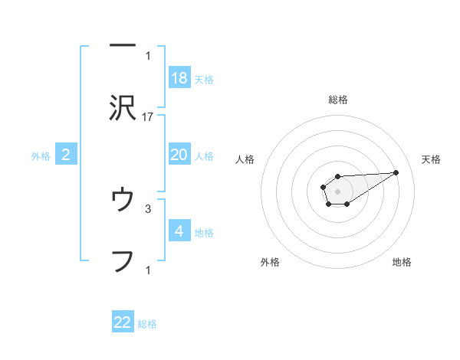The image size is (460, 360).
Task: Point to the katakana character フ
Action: tap(123, 261)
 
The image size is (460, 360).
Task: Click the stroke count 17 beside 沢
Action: tap(148, 117)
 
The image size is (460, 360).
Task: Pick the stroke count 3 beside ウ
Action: tap(148, 208)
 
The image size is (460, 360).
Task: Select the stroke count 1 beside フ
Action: tap(148, 269)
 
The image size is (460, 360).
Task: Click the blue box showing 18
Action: tap(179, 78)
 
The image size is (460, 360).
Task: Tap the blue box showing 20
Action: tap(179, 155)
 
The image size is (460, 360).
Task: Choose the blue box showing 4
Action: tap(179, 231)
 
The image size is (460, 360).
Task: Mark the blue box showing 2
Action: tap(66, 155)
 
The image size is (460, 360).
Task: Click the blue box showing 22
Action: tap(123, 322)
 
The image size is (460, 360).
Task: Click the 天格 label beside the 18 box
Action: tap(204, 80)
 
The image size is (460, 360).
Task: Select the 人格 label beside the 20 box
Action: tap(204, 156)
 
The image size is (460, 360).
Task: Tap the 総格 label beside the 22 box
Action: tap(147, 323)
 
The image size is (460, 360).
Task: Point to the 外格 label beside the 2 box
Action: tap(41, 156)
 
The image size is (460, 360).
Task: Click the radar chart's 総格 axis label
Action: tap(338, 100)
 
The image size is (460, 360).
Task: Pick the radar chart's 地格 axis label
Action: tap(402, 262)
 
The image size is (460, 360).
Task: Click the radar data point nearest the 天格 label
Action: tap(396, 172)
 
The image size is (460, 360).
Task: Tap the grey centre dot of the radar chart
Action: tap(337, 190)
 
